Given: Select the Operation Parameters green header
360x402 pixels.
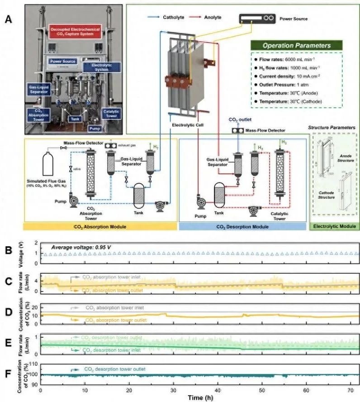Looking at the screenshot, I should click(x=297, y=45).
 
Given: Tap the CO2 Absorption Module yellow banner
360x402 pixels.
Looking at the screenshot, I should click(x=101, y=225).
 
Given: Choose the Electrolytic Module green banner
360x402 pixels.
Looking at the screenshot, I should click(x=332, y=225).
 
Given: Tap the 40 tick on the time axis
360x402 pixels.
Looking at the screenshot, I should click(x=218, y=391).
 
